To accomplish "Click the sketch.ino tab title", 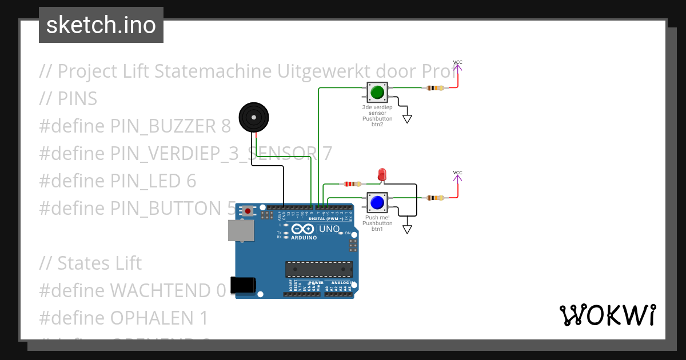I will pyautogui.click(x=101, y=25).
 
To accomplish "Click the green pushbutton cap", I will pyautogui.click(x=377, y=92).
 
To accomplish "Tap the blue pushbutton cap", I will pyautogui.click(x=377, y=202).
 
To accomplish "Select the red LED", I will pyautogui.click(x=382, y=174).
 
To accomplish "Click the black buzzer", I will pyautogui.click(x=253, y=117).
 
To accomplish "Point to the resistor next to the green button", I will pyautogui.click(x=435, y=88).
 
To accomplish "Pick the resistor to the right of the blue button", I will pyautogui.click(x=435, y=198).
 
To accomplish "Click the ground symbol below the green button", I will pyautogui.click(x=407, y=119).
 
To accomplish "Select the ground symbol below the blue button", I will pyautogui.click(x=407, y=229).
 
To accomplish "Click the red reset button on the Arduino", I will pyautogui.click(x=247, y=211).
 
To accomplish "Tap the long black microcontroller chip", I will pyautogui.click(x=319, y=269).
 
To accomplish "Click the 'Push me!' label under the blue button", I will pyautogui.click(x=377, y=218).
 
